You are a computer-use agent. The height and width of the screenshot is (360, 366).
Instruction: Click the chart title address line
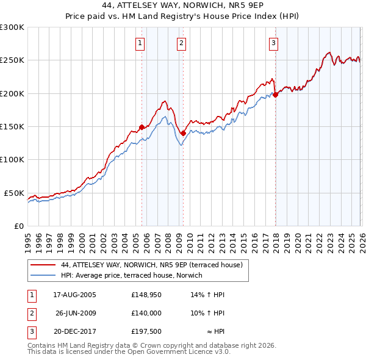(183, 5)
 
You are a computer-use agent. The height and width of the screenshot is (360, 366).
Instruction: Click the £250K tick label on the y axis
(12, 60)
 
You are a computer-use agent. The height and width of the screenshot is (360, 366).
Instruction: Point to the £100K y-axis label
(12, 160)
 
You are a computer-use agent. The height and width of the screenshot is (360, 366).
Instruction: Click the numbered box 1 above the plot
(141, 43)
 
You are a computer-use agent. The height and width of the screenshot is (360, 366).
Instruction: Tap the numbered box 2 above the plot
(182, 43)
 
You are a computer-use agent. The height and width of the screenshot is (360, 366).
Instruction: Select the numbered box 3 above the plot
(274, 43)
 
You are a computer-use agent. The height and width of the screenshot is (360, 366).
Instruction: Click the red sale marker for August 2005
(142, 127)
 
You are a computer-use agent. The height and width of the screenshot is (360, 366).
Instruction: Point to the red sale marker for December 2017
(275, 95)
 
